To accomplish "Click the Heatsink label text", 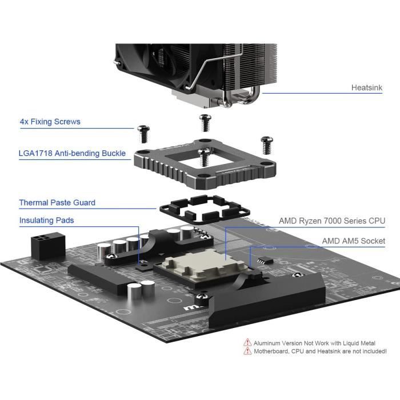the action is pyautogui.click(x=367, y=87).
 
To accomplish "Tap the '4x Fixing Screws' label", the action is pyautogui.click(x=50, y=121).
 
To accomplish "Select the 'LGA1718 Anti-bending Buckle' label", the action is pyautogui.click(x=72, y=153).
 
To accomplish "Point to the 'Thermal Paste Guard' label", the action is pyautogui.click(x=57, y=202).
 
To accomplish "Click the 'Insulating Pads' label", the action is pyautogui.click(x=46, y=220).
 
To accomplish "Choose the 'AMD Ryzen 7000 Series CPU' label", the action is pyautogui.click(x=332, y=221).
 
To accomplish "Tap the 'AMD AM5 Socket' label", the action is pyautogui.click(x=354, y=241).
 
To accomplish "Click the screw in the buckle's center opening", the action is pyautogui.click(x=204, y=157).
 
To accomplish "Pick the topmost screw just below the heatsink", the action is pyautogui.click(x=205, y=123).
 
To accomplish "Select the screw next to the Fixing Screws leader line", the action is pyautogui.click(x=143, y=134).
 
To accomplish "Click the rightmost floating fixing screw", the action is pyautogui.click(x=267, y=145).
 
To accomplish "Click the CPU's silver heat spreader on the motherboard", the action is pyautogui.click(x=204, y=264).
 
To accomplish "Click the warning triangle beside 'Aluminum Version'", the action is pyautogui.click(x=247, y=342).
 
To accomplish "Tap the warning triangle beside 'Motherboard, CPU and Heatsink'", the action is pyautogui.click(x=247, y=351).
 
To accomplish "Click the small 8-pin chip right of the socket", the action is pyautogui.click(x=265, y=261).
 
